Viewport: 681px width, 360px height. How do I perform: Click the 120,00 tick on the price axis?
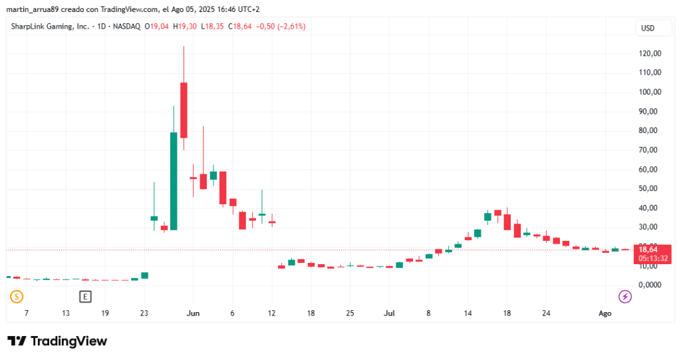tap(650, 53)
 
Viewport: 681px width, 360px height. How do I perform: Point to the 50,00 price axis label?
tap(650, 188)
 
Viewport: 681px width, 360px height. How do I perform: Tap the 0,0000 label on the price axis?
tap(650, 285)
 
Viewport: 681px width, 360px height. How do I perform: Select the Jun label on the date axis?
tap(194, 313)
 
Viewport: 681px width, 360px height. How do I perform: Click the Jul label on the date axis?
tap(390, 313)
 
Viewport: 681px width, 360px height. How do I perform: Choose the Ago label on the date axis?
tap(605, 313)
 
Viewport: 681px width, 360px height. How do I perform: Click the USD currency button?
tap(648, 28)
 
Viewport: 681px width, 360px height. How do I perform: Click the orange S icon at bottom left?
tap(17, 296)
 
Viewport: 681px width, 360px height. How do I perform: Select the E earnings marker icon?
tap(84, 296)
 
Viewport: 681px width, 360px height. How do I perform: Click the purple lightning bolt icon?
tap(625, 296)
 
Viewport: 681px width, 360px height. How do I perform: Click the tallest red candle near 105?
tap(184, 110)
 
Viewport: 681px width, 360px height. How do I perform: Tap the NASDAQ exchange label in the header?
tap(126, 27)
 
